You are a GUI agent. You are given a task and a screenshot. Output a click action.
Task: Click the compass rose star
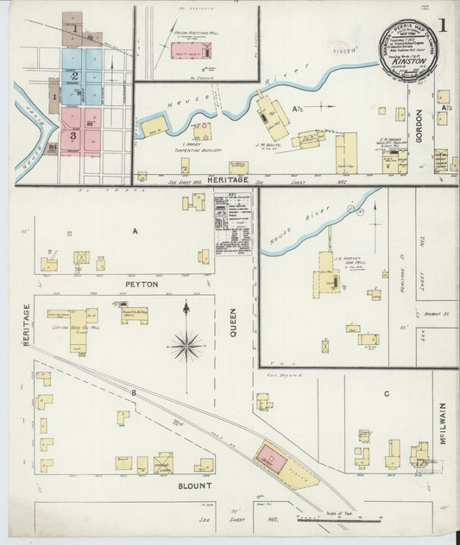(x=186, y=346)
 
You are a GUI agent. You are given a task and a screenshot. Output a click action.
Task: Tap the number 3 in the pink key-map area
(x=75, y=135)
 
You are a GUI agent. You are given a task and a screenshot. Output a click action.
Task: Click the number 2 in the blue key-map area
(x=76, y=75)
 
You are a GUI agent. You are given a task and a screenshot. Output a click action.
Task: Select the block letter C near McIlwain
(x=386, y=393)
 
